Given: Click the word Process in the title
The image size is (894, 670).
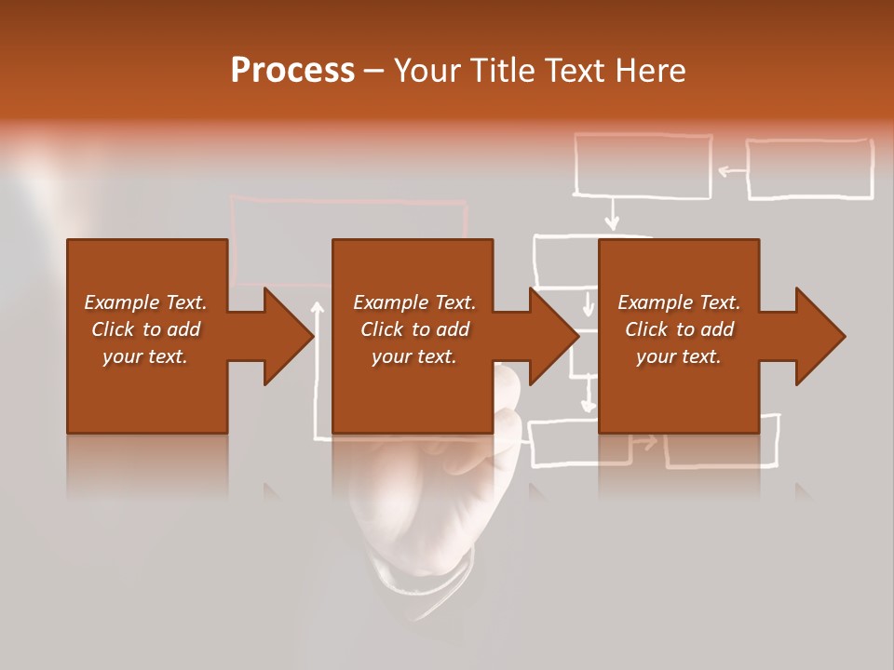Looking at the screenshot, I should [292, 71].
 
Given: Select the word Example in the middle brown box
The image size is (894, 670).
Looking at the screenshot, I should [385, 302].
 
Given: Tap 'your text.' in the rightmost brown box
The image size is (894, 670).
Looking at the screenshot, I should [679, 356].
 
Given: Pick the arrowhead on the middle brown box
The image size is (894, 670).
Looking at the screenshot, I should [553, 336].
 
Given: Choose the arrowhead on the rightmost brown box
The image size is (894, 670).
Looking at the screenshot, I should [819, 336].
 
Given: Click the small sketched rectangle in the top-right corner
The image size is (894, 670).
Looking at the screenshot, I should [809, 169].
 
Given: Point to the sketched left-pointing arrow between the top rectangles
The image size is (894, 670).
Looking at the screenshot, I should [732, 170].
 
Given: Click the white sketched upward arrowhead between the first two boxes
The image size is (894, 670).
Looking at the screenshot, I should [318, 307].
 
